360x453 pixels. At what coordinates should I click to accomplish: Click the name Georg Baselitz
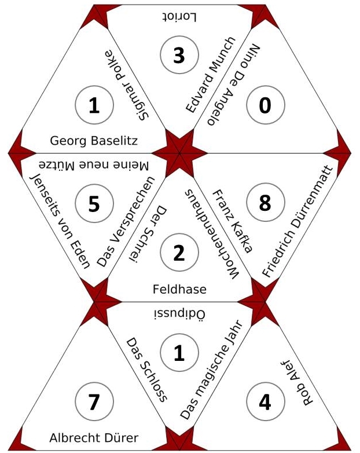pyautogui.click(x=94, y=140)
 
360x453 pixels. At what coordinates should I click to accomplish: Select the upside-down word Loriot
pyautogui.click(x=179, y=17)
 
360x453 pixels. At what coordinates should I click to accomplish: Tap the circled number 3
pyautogui.click(x=179, y=56)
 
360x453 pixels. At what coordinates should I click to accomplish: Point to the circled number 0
pyautogui.click(x=265, y=105)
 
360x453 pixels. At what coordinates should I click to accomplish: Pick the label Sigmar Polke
pyautogui.click(x=127, y=85)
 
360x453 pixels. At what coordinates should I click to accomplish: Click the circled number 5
pyautogui.click(x=94, y=203)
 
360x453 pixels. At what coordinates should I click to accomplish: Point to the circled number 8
pyautogui.click(x=265, y=203)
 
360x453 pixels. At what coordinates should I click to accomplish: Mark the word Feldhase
pyautogui.click(x=179, y=288)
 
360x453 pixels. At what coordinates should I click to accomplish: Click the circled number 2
pyautogui.click(x=179, y=254)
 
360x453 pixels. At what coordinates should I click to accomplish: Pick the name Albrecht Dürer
pyautogui.click(x=94, y=437)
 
